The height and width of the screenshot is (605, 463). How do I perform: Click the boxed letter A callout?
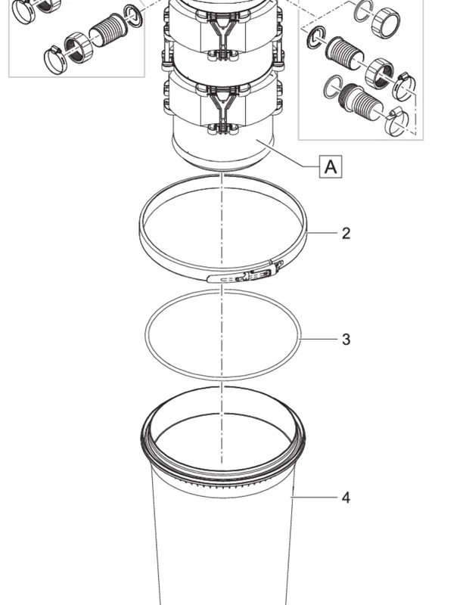331,166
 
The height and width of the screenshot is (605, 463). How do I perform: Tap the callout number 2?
346,234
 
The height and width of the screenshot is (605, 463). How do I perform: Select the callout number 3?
346,340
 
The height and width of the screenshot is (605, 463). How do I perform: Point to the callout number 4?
346,498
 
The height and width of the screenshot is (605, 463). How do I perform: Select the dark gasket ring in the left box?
133,17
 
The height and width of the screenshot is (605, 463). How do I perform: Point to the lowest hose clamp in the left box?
54,60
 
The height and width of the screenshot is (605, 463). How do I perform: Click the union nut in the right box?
380,73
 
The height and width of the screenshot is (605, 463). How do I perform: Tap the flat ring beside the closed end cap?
363,11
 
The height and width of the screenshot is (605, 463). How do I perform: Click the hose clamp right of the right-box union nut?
404,85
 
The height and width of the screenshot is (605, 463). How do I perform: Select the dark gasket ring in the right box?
315,38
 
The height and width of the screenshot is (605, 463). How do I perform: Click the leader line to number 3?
319,339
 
